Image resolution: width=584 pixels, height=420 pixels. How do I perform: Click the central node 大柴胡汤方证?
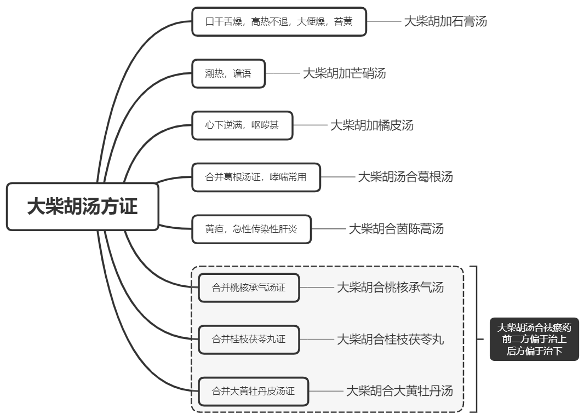(83, 206)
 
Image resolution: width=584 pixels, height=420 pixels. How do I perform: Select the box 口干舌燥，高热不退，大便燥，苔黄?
(279, 22)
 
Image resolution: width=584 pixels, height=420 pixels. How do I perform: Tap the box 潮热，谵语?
(228, 73)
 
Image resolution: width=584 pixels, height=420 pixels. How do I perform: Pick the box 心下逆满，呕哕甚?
(242, 125)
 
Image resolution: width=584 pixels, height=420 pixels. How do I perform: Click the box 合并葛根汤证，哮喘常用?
(256, 177)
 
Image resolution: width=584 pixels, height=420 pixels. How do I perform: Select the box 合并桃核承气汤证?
(249, 287)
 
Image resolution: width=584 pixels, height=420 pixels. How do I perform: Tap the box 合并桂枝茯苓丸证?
(249, 340)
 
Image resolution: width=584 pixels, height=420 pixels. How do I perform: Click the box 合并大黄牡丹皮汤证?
(253, 391)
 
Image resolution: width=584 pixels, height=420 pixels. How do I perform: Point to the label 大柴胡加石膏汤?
(445, 22)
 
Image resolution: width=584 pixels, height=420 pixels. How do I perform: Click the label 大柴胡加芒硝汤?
(344, 73)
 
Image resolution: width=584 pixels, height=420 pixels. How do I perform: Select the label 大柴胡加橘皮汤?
(371, 125)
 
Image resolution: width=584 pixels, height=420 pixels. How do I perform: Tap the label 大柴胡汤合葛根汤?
(405, 177)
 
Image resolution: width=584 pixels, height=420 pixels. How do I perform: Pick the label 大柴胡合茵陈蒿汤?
(396, 229)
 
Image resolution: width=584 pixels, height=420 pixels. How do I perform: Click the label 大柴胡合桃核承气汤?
(390, 287)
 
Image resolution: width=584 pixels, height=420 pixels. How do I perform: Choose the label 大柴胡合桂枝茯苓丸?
(390, 340)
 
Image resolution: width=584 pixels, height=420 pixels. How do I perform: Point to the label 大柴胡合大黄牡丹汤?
(400, 391)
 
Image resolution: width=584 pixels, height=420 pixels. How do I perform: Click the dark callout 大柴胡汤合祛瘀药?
(534, 340)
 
